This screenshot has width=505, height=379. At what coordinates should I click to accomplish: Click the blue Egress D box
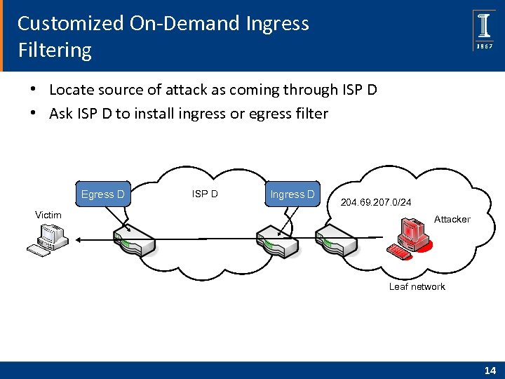pos(102,194)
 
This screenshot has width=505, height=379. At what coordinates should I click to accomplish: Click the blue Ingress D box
pos(292,194)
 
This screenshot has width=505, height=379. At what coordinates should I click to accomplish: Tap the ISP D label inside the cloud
pos(204,193)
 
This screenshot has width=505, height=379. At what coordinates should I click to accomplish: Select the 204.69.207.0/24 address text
pos(376,203)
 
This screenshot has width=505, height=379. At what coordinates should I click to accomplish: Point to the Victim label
pos(48,215)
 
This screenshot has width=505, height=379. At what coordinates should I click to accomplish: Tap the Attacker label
pos(452,219)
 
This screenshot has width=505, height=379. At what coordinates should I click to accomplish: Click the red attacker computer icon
pos(412,238)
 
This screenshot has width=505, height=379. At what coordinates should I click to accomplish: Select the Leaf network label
pos(417,286)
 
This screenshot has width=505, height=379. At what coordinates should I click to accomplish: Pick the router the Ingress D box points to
pos(278,239)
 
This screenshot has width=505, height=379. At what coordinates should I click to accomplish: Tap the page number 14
pos(488,370)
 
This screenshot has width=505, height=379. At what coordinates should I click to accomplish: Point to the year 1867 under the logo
pos(484,46)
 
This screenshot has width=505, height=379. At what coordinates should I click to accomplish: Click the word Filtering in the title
pos(55,51)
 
